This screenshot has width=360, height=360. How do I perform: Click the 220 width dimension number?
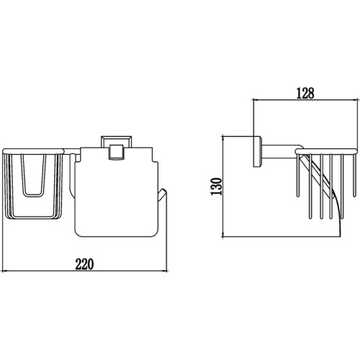tap(84, 264)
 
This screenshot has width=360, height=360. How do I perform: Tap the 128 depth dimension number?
tap(305, 94)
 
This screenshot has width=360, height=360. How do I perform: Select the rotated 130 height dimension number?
tap(216, 186)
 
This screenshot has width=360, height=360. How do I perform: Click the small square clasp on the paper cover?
tap(116, 152)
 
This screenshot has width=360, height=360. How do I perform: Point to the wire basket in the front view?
tap(33, 184)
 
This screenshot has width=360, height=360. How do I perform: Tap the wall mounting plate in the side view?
tap(257, 152)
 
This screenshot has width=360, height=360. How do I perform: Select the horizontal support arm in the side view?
tap(281, 152)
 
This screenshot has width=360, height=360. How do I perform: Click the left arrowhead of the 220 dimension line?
tap(4, 271)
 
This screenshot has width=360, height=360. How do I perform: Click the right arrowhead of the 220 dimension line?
tap(165, 271)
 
